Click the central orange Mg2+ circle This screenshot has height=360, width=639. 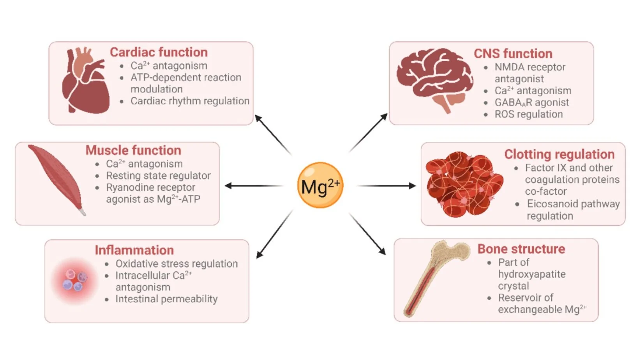coord(320,185)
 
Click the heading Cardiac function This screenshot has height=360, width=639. coord(159,52)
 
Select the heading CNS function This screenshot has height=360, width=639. coord(513,53)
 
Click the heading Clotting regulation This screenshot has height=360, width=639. coord(559,154)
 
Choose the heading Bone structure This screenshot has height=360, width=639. coord(521,249)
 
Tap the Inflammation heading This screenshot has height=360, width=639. coord(134,250)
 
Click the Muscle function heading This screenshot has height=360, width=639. coord(133,150)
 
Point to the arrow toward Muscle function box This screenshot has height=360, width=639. coord(253,186)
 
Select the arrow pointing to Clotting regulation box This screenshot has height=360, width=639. coord(386,186)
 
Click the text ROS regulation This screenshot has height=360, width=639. coord(528,115)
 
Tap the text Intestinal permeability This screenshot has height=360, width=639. coord(166,299)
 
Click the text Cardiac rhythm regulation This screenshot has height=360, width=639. coord(190,101)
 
